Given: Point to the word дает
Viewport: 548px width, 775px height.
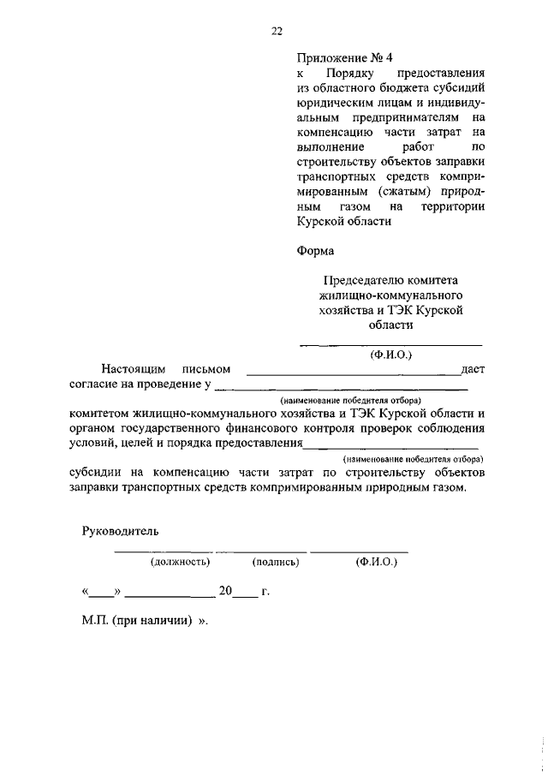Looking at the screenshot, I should coord(473,369).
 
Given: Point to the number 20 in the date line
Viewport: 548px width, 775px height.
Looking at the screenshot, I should coord(225,592).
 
